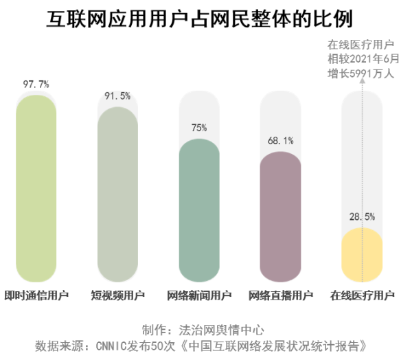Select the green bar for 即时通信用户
click(36, 189)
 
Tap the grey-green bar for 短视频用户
click(117, 196)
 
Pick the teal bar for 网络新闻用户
click(199, 210)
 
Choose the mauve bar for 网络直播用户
click(280, 216)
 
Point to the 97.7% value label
click(36, 85)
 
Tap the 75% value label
click(199, 128)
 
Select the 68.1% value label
click(280, 141)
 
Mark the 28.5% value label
click(362, 217)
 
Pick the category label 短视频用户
click(117, 296)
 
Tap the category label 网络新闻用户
click(199, 296)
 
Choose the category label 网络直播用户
click(280, 296)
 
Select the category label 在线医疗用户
click(362, 296)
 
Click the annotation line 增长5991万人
click(360, 72)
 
